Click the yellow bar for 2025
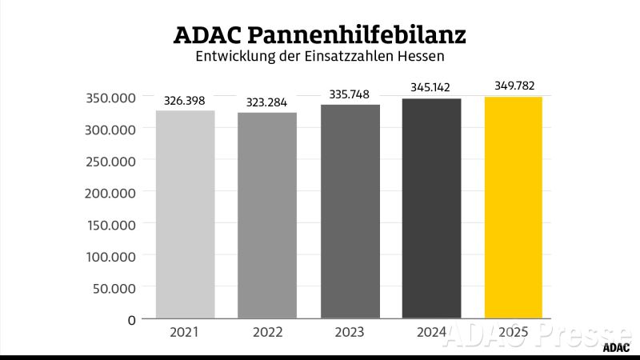point(514,208)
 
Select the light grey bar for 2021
point(186,214)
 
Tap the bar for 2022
point(267,215)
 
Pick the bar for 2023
point(350,212)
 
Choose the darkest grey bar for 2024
point(431,209)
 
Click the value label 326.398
point(186,102)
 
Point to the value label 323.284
point(267,104)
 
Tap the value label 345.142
point(431,87)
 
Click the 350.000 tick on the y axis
point(110,98)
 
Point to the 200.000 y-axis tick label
point(110,193)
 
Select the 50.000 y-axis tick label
point(114,288)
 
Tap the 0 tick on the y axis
point(132,320)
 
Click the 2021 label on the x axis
point(186,332)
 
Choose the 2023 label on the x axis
point(350,332)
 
